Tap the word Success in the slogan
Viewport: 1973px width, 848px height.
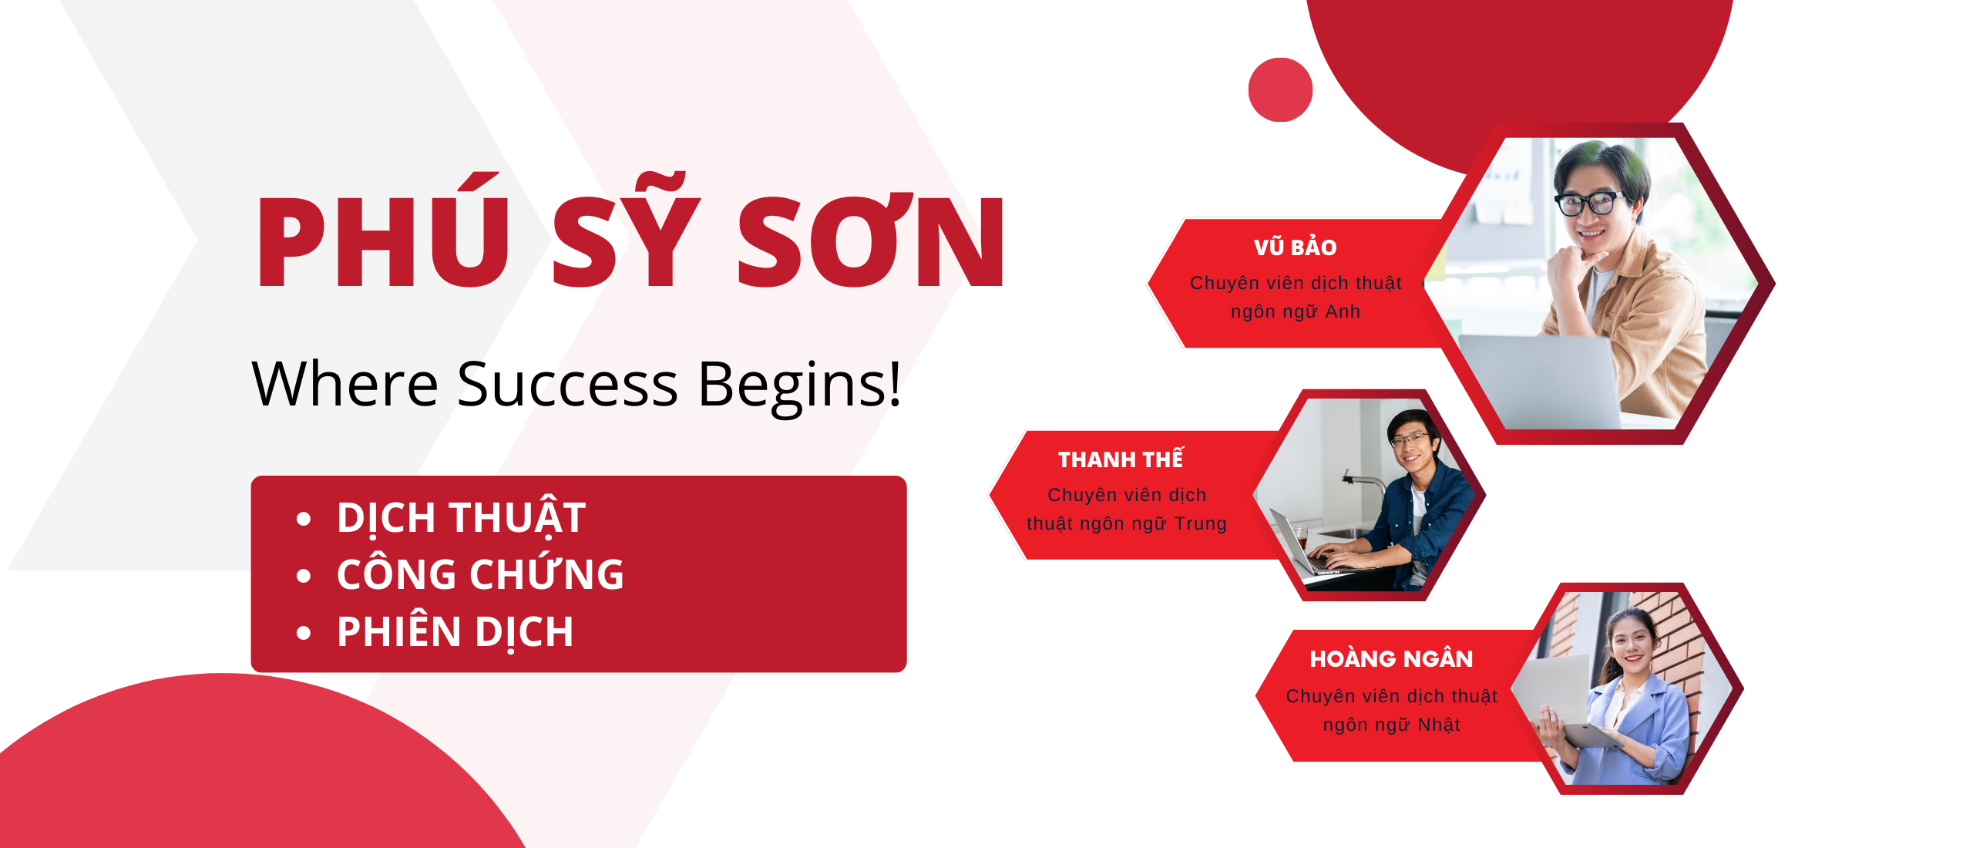(x=567, y=383)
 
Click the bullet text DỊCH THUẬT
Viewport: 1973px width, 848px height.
(x=461, y=517)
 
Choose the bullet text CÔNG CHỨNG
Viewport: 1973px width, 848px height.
(x=480, y=574)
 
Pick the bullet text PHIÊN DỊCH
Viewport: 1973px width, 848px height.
(x=455, y=632)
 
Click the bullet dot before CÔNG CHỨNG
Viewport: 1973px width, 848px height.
(x=304, y=576)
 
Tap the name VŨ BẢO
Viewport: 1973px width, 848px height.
(x=1295, y=247)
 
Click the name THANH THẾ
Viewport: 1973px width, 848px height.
(x=1121, y=459)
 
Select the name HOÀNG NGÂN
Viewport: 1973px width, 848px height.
(x=1391, y=658)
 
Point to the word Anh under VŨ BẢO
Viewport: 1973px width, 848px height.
(x=1343, y=311)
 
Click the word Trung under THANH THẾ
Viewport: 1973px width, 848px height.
(x=1200, y=523)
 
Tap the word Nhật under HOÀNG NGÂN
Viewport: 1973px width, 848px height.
(x=1439, y=725)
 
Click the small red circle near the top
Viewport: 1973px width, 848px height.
(x=1280, y=89)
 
